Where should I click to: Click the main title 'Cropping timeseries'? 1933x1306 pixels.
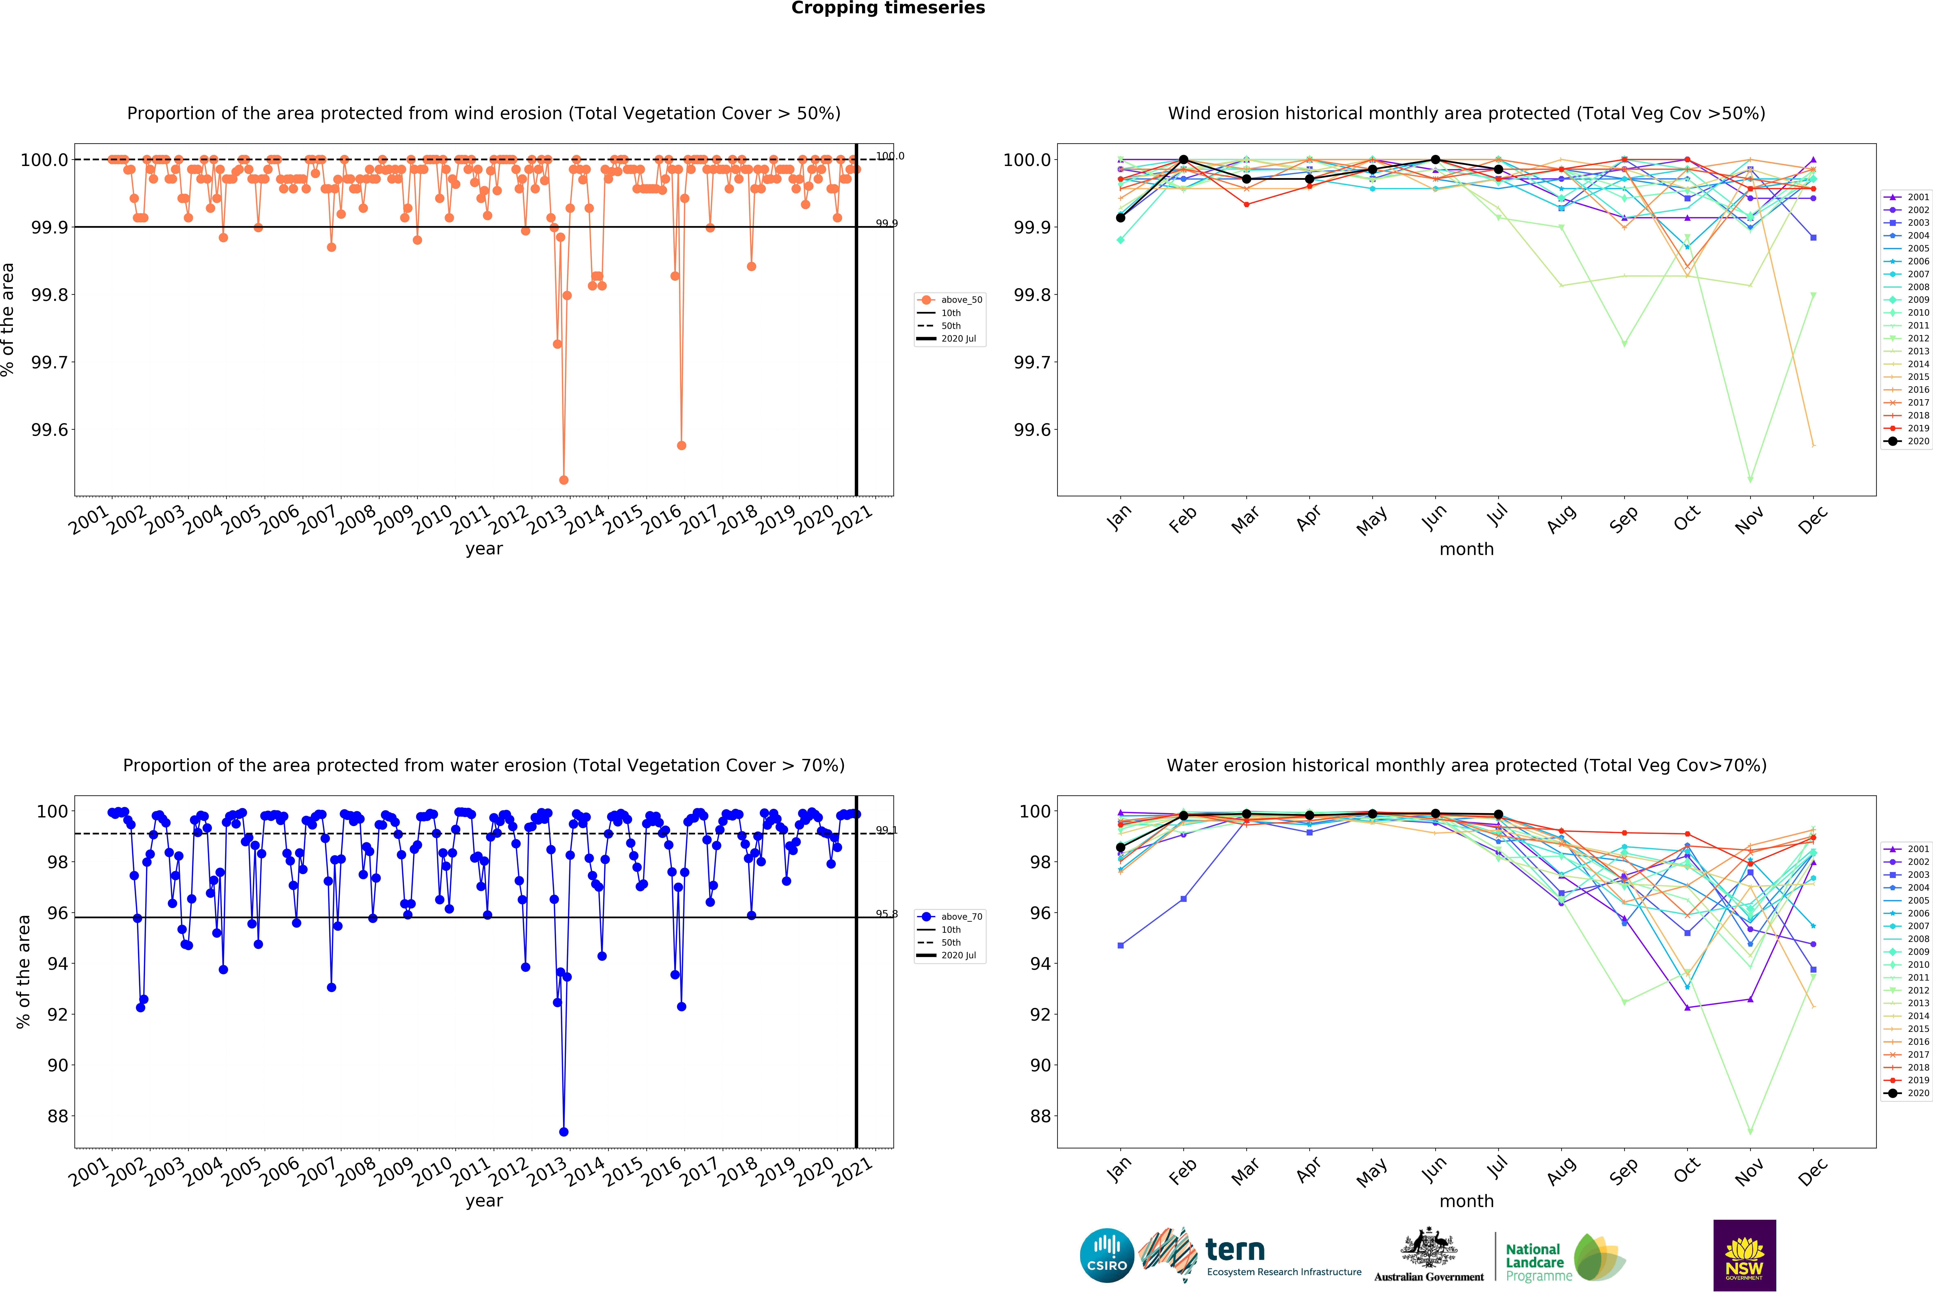click(887, 8)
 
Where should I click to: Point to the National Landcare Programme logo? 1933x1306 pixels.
click(1564, 1257)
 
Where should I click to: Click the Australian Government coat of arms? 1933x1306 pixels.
click(1428, 1247)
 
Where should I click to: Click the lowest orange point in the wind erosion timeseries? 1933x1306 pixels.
click(564, 480)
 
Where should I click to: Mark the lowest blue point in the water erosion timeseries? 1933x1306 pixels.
click(564, 1131)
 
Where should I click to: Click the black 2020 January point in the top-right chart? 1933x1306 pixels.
click(1120, 218)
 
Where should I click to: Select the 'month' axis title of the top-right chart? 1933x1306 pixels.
click(1466, 549)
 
